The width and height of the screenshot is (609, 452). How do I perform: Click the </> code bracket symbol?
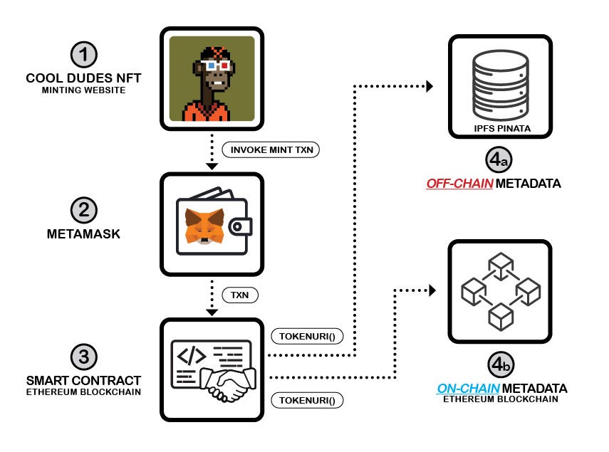[192, 354]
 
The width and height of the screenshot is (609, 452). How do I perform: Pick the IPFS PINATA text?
[499, 130]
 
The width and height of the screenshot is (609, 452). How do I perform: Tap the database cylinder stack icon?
[499, 82]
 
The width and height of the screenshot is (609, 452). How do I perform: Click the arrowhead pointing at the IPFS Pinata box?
[430, 86]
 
